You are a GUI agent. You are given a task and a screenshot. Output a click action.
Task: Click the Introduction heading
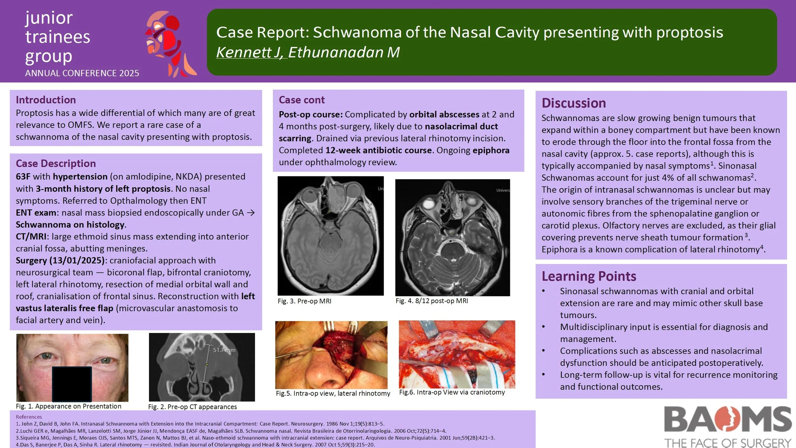point(46,100)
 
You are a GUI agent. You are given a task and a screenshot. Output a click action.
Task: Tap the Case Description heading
point(56,163)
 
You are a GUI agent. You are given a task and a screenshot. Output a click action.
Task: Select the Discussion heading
point(573,103)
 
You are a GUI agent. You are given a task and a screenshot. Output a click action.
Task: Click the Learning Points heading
point(589,276)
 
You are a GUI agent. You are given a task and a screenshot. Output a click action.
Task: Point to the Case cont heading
point(302,100)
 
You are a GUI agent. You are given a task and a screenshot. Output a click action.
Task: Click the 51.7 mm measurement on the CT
point(224,350)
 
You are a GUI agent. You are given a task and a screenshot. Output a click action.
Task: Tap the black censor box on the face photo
point(72,384)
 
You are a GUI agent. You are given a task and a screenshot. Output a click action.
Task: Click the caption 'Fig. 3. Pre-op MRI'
point(304,301)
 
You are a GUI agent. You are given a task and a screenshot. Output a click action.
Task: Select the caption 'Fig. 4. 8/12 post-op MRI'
point(431,301)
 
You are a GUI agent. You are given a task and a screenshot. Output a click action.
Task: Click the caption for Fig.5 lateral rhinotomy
point(333,394)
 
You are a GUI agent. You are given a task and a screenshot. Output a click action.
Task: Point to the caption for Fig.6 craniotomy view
point(452,392)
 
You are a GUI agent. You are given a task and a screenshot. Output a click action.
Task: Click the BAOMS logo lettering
point(728,419)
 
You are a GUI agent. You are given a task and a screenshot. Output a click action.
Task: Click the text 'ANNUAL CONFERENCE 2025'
point(82,73)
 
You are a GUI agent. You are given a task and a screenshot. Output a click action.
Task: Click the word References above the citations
point(29,417)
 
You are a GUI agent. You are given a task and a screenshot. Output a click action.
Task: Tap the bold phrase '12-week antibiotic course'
point(378,150)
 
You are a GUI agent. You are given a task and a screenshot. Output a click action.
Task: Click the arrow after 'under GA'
point(251,213)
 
